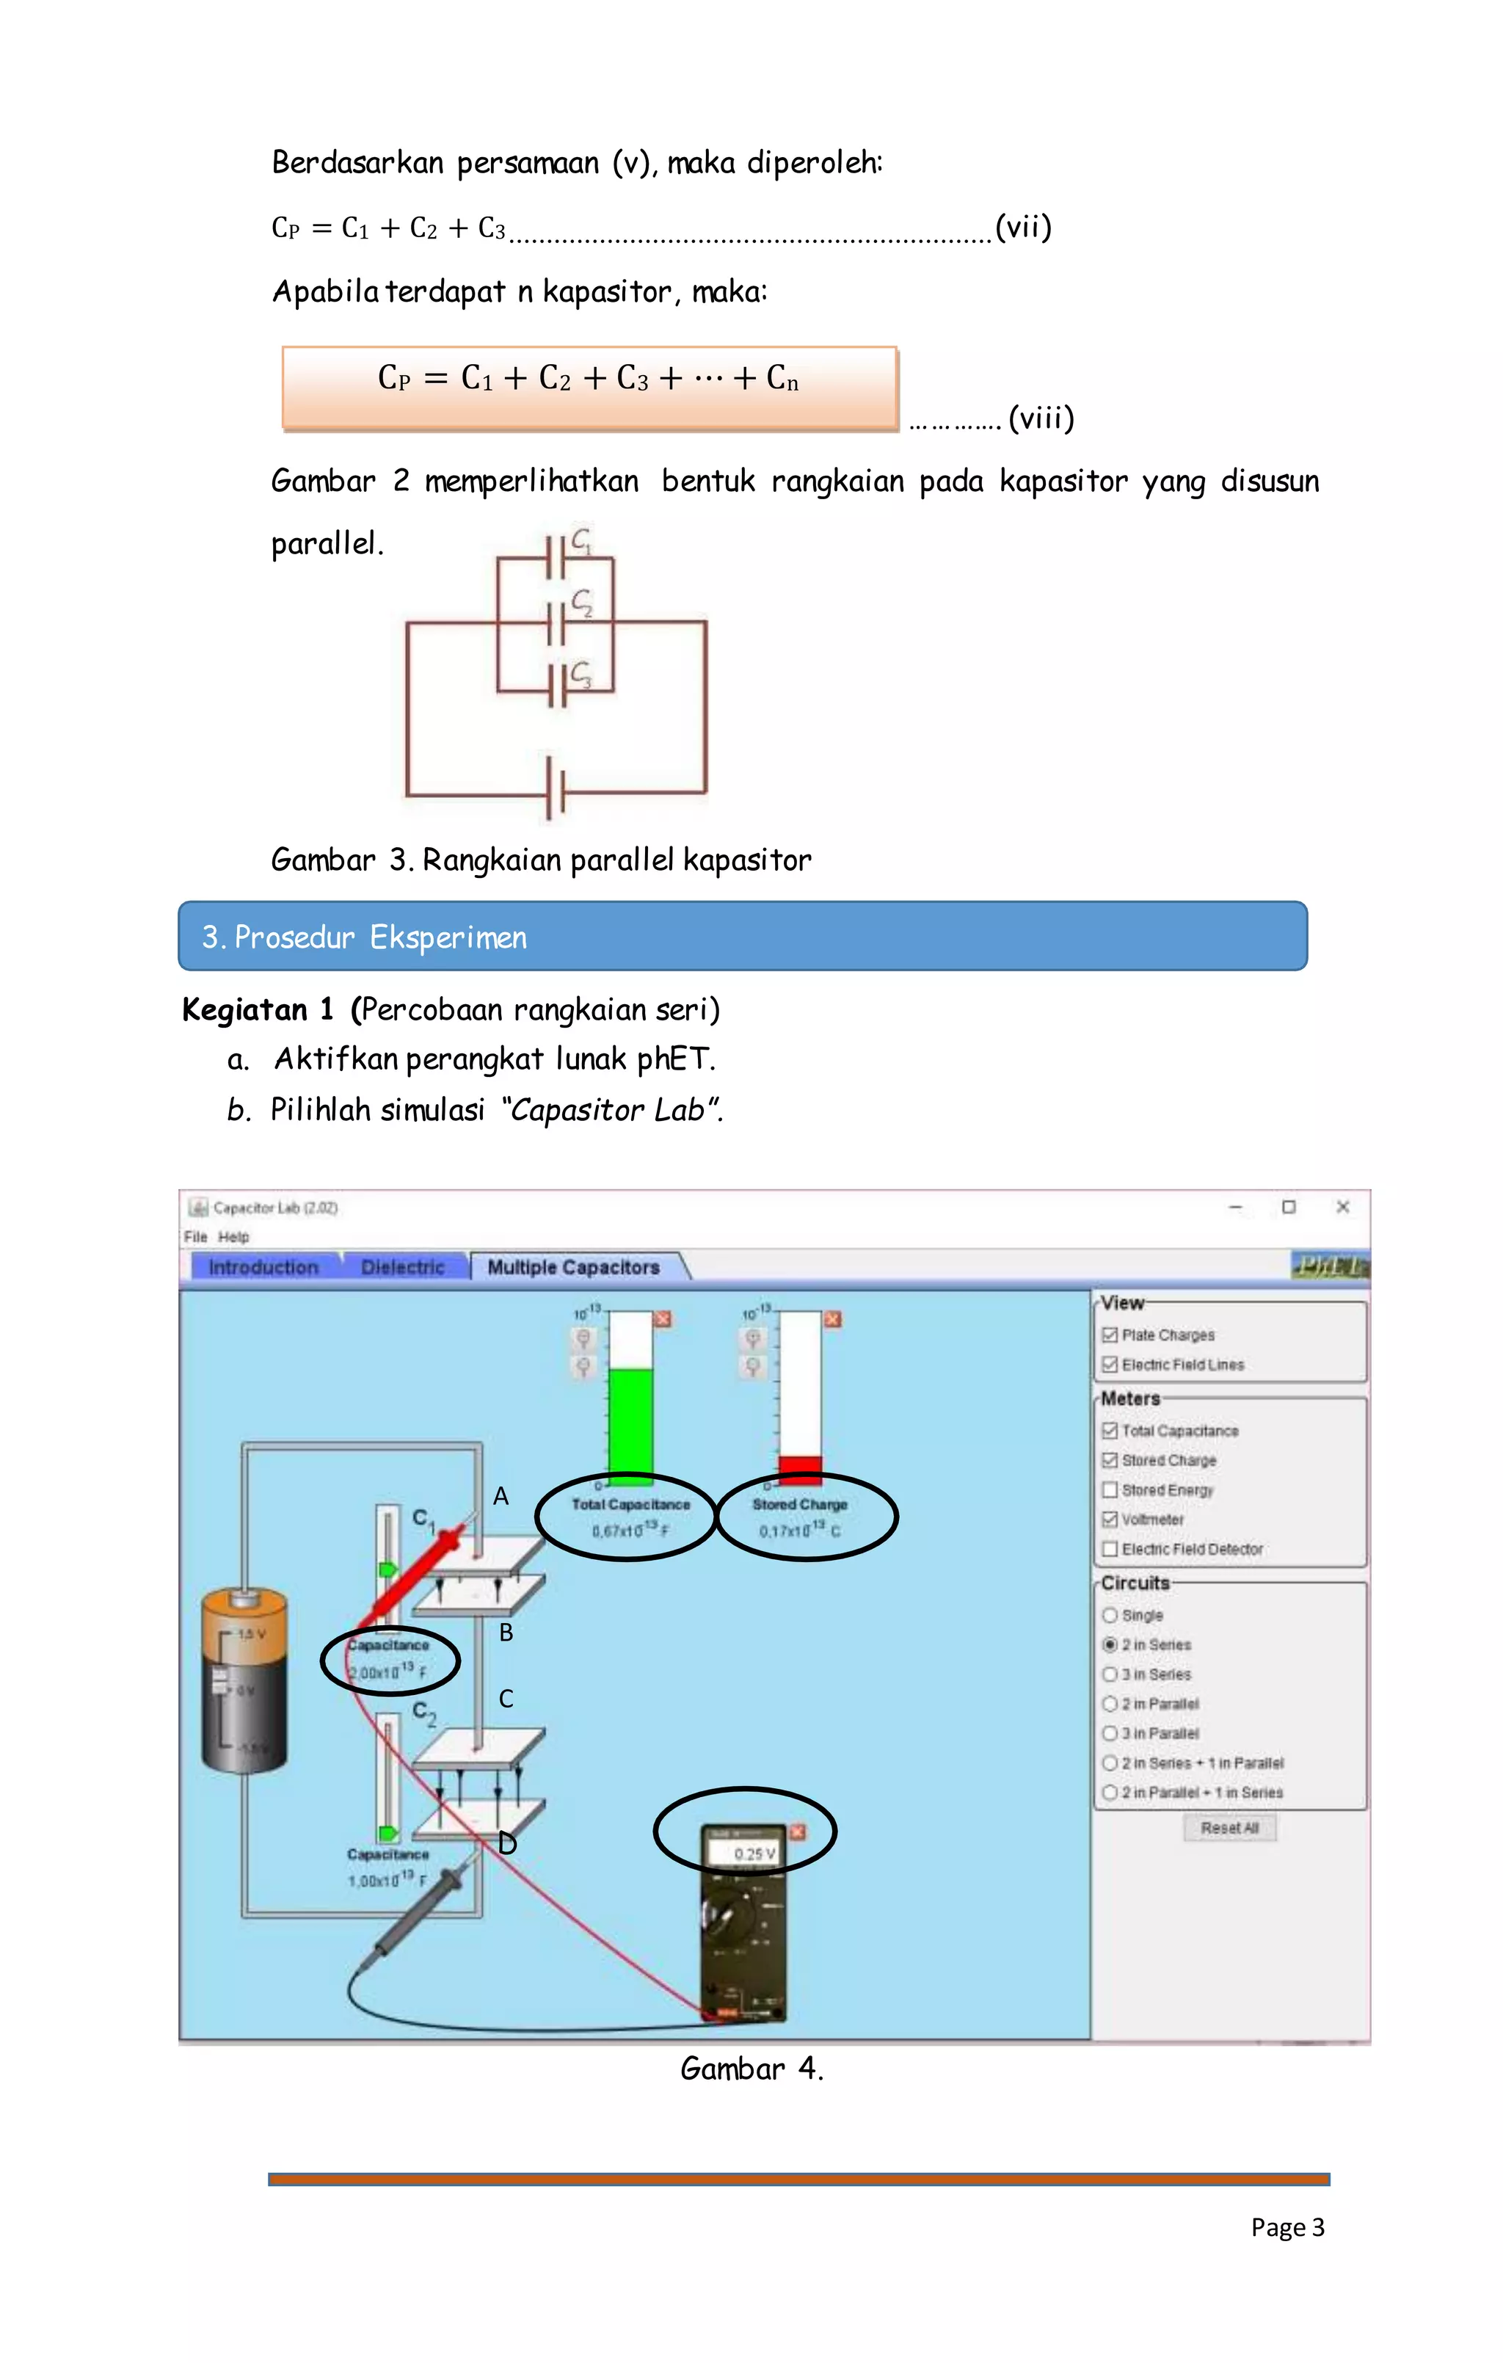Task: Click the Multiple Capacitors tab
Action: tap(573, 1267)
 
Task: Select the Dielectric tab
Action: tap(402, 1267)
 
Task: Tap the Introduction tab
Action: tap(263, 1267)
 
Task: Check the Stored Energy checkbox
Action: tap(1110, 1489)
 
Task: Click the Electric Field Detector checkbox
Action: tap(1110, 1548)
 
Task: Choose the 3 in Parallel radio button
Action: tap(1110, 1733)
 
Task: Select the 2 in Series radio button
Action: tap(1110, 1644)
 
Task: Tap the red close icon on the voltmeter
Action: tap(798, 1831)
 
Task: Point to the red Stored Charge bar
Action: tap(800, 1466)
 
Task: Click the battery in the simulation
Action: tap(244, 1680)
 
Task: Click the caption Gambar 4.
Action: tap(751, 2069)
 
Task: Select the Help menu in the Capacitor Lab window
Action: tap(233, 1236)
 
